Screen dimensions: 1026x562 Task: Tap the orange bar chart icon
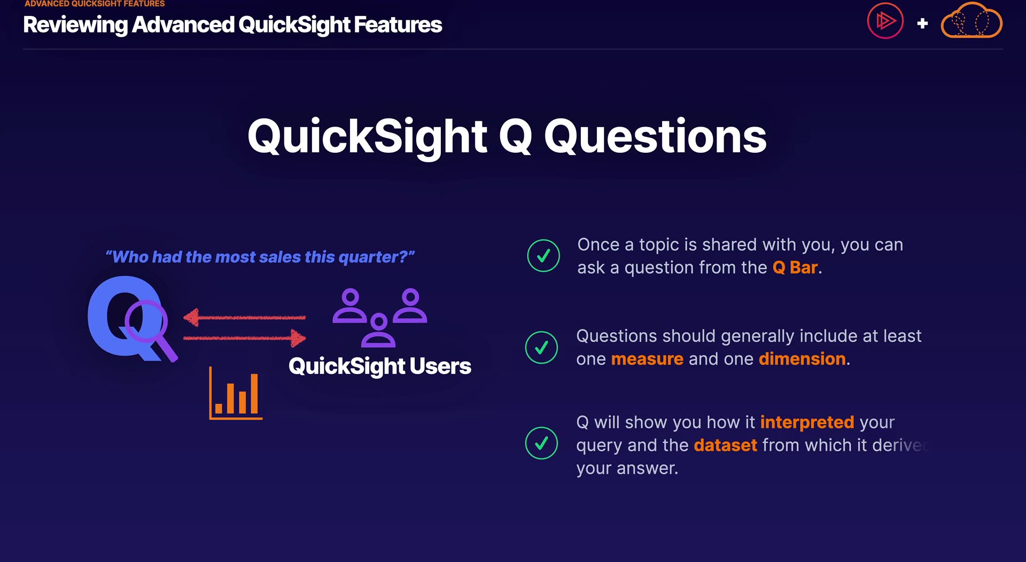point(236,393)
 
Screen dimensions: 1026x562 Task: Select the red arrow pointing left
point(244,318)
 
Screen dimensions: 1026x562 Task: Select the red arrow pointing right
point(244,338)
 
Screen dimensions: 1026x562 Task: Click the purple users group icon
point(379,318)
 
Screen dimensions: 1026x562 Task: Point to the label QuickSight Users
point(380,366)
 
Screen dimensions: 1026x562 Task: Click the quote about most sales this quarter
point(260,257)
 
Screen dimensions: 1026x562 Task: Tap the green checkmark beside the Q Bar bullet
point(543,255)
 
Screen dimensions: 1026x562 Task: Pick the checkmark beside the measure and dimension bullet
point(541,347)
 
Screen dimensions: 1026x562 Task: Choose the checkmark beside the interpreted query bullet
point(541,443)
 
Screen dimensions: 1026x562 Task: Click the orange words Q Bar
point(795,268)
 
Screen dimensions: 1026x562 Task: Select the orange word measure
point(647,359)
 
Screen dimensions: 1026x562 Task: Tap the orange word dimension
point(802,359)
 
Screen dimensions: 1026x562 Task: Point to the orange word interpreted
point(807,423)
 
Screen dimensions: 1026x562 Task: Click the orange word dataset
point(725,446)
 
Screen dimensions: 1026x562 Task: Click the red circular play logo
point(885,21)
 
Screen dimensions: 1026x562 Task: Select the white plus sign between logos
point(922,24)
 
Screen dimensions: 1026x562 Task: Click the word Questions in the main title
point(655,137)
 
